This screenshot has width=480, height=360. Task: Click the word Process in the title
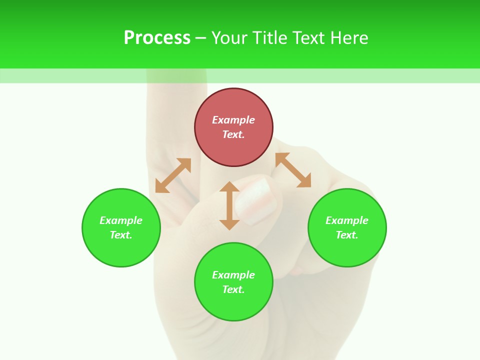tap(157, 38)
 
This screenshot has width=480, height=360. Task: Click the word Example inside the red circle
tap(233, 120)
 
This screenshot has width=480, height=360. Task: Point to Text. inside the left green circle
tap(121, 235)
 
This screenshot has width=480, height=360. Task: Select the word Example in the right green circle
tap(347, 220)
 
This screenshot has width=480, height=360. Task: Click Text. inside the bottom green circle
tap(233, 289)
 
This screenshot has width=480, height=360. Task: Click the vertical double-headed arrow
tap(229, 205)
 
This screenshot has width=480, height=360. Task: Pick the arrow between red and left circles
tap(173, 175)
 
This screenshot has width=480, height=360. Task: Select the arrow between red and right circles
tap(293, 170)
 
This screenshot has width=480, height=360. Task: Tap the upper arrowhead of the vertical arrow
tap(229, 186)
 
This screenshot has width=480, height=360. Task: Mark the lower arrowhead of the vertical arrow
tap(229, 224)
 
